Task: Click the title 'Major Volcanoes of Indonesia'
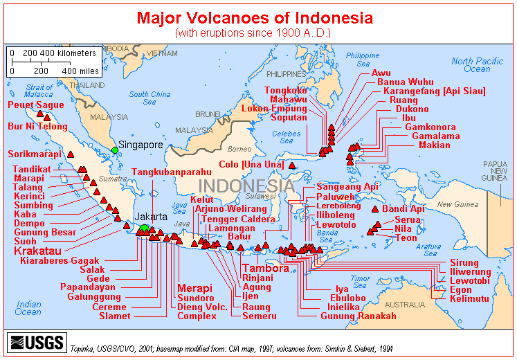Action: [x=254, y=17]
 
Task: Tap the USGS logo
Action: [x=35, y=341]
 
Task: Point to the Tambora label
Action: [x=265, y=268]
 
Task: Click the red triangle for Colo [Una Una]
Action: [x=292, y=165]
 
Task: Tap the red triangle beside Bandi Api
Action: [x=375, y=209]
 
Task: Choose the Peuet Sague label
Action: [x=35, y=105]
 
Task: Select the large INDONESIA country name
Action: [x=246, y=186]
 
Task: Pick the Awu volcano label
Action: [x=381, y=73]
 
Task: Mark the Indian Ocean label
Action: [x=28, y=308]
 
